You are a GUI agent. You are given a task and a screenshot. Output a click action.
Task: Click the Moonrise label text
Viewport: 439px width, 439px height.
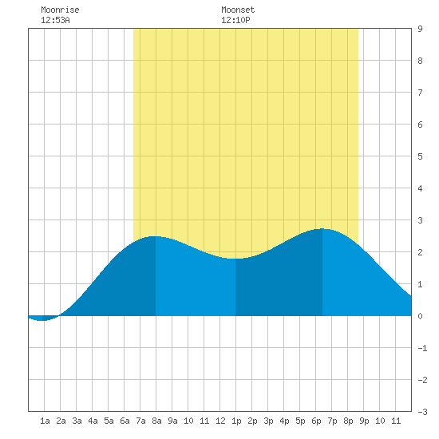[x=60, y=10]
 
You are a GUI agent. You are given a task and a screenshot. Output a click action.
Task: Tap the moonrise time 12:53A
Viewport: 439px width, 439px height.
[x=55, y=20]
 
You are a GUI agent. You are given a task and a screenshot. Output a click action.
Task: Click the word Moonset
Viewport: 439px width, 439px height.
[x=238, y=10]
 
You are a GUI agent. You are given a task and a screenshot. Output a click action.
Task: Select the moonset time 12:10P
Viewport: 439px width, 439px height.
[x=235, y=20]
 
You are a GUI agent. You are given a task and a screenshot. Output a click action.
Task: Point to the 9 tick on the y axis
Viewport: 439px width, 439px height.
[x=420, y=29]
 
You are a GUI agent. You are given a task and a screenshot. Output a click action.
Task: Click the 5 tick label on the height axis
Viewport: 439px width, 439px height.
[x=420, y=156]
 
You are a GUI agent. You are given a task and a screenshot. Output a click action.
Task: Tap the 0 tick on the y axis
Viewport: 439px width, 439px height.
[x=420, y=316]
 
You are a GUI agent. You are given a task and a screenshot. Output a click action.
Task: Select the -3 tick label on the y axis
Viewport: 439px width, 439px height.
[x=422, y=412]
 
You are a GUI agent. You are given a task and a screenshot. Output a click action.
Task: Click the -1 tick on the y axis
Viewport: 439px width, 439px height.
[x=422, y=348]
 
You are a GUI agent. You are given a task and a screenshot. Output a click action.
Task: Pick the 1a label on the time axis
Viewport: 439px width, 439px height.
[x=45, y=421]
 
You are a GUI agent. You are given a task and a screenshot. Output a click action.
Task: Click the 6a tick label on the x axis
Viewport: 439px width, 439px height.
[x=125, y=421]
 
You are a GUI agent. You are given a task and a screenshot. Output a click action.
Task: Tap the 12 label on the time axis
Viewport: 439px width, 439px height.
[x=220, y=421]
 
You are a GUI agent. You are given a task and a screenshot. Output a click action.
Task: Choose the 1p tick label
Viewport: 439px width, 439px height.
[x=236, y=421]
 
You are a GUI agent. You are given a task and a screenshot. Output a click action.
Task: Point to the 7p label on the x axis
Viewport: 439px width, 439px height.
[x=332, y=421]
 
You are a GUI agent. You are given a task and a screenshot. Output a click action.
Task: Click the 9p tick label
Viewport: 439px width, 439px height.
[x=364, y=421]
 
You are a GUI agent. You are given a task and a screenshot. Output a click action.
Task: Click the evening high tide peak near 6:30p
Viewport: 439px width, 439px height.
[x=322, y=229]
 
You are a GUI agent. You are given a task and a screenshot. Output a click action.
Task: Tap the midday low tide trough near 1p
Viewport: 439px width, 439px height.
[x=235, y=259]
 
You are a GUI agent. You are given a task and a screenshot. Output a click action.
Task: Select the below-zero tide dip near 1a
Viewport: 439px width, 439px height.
[x=42, y=320]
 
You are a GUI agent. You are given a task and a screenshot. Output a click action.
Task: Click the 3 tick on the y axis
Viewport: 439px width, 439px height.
[x=420, y=220]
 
